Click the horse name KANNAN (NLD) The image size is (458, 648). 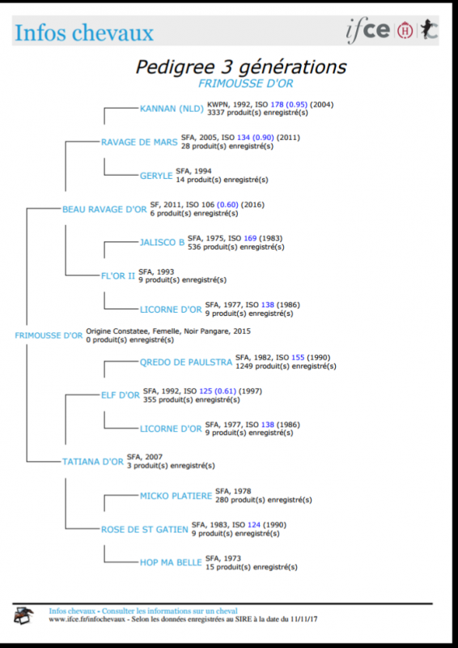(x=172, y=109)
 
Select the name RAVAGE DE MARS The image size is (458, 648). (x=140, y=143)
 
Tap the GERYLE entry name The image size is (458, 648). (x=156, y=176)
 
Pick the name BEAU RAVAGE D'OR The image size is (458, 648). (x=104, y=210)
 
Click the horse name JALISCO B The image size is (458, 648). (x=163, y=243)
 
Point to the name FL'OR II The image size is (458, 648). (x=118, y=276)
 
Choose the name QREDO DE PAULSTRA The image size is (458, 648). (x=186, y=362)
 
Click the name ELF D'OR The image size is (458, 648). (x=121, y=395)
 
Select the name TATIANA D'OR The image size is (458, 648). (x=93, y=462)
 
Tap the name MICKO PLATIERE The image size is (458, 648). (x=176, y=496)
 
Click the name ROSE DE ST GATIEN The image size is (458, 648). (x=145, y=530)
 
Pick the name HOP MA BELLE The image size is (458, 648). (x=171, y=563)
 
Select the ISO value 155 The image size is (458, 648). (x=298, y=357)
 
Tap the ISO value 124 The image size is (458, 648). (x=253, y=525)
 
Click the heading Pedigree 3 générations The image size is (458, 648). (x=241, y=67)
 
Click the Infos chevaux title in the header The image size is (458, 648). (x=84, y=33)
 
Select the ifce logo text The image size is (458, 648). (x=367, y=32)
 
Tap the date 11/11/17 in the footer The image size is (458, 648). (x=305, y=620)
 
